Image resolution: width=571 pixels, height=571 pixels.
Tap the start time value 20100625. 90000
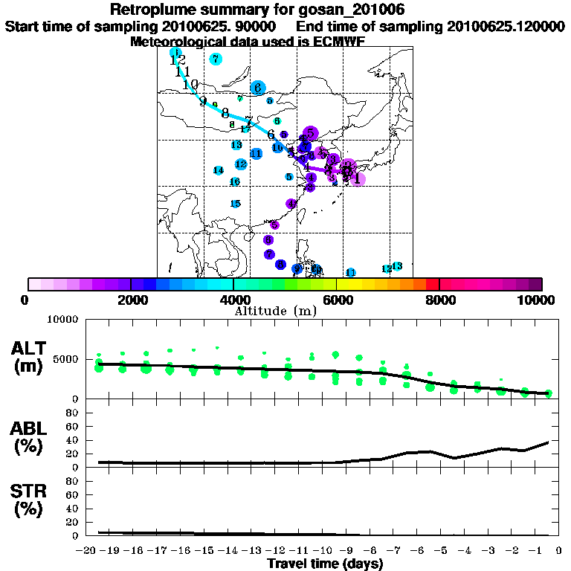coord(219,26)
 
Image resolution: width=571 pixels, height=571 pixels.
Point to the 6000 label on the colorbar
coord(336,300)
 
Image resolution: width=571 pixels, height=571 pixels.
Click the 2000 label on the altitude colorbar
coord(130,300)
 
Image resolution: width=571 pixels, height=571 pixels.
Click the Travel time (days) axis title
coord(325,564)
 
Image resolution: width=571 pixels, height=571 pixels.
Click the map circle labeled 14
coord(219,170)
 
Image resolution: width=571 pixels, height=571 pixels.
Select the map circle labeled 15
coord(235,204)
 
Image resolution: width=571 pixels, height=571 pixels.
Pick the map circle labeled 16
coord(235,181)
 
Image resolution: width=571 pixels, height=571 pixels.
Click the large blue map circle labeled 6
coord(258,88)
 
